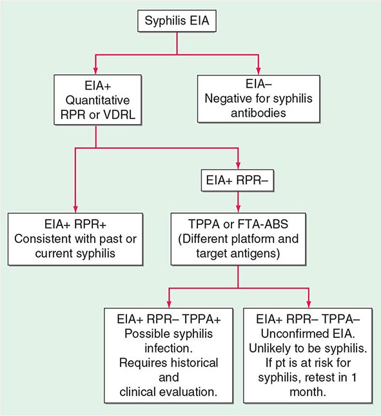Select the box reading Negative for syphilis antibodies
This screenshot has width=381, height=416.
[260, 99]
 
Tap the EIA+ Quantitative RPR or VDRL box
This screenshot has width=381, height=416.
[95, 99]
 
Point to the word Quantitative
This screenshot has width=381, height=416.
[95, 99]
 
